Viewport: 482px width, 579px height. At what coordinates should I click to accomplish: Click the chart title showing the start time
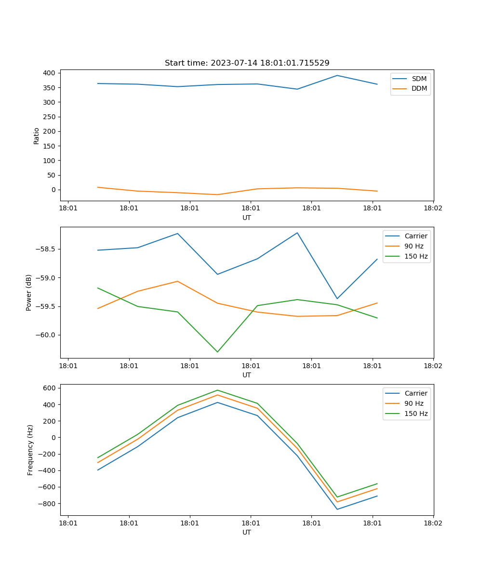coord(247,63)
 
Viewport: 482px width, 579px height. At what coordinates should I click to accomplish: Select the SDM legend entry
coord(419,79)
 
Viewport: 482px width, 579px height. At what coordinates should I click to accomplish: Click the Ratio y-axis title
coord(37,136)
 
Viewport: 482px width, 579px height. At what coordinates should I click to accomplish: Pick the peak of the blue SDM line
coord(337,75)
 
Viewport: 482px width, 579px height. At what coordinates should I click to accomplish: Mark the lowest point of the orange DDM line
coord(217,195)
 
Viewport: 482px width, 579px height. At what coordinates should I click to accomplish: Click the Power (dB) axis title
coord(29,292)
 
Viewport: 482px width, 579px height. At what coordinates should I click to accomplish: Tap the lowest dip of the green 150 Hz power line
coord(217,352)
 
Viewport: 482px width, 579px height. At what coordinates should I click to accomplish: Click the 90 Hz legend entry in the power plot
coord(414,246)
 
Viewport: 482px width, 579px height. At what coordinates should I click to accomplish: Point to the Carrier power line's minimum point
coord(337,299)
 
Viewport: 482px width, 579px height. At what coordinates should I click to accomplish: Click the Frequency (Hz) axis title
coord(30,450)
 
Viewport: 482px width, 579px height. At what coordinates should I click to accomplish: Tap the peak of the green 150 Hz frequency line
coord(217,390)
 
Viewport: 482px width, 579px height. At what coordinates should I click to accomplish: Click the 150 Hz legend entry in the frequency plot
coord(416,414)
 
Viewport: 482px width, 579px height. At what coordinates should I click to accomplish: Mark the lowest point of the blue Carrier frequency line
coord(337,510)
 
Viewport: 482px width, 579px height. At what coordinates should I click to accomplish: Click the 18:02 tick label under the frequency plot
coord(433,523)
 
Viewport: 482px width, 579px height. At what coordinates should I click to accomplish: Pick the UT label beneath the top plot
coord(247,218)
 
